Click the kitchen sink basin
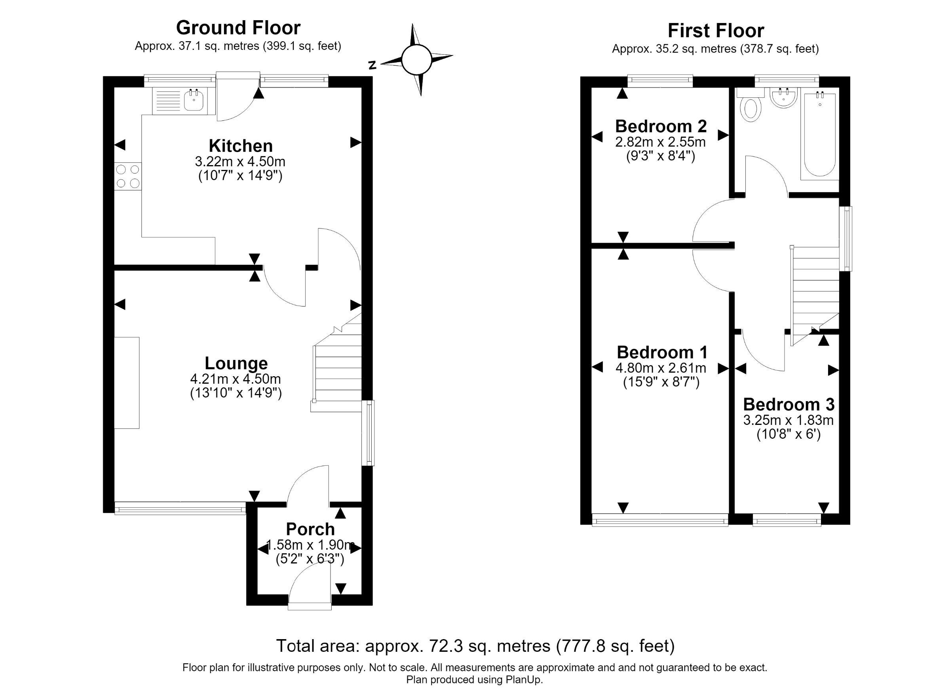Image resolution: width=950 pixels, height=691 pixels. pyautogui.click(x=194, y=101)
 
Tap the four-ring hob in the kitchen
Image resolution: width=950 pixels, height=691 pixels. pyautogui.click(x=128, y=176)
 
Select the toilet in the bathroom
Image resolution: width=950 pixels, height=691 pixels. pyautogui.click(x=750, y=105)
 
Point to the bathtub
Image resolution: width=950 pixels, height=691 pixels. pyautogui.click(x=820, y=134)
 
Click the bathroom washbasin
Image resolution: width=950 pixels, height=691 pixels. pyautogui.click(x=783, y=98)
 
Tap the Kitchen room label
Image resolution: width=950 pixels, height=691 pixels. pyautogui.click(x=241, y=146)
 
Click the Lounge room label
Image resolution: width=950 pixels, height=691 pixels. pyautogui.click(x=236, y=363)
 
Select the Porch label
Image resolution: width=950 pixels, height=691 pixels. pyautogui.click(x=310, y=529)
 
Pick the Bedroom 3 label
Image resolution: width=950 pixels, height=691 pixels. pyautogui.click(x=789, y=404)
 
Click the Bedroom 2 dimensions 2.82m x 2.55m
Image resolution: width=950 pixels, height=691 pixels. pyautogui.click(x=661, y=142)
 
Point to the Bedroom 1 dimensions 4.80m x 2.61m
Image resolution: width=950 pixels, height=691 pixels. pyautogui.click(x=661, y=368)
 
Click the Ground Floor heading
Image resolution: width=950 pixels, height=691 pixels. pyautogui.click(x=238, y=28)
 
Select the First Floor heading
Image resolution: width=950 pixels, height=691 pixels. pyautogui.click(x=716, y=30)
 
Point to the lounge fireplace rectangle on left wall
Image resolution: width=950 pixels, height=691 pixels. pyautogui.click(x=127, y=383)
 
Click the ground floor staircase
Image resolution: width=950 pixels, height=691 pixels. pyautogui.click(x=337, y=363)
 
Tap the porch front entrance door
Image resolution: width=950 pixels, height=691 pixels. pyautogui.click(x=310, y=586)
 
